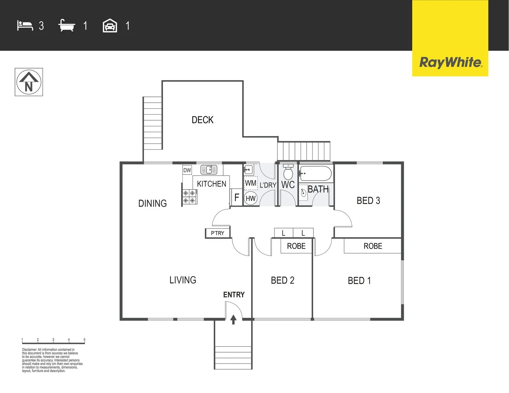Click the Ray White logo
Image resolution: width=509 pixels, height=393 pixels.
coord(450,62)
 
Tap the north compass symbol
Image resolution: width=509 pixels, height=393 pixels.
coord(29,82)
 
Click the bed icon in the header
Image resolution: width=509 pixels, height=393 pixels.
coord(25,26)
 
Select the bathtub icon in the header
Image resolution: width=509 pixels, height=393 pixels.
coord(67,25)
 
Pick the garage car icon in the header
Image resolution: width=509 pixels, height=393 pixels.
coord(110,26)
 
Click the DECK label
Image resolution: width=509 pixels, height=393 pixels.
coord(202,120)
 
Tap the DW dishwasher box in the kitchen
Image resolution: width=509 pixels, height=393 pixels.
coord(187,170)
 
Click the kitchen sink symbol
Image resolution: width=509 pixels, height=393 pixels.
coord(209,170)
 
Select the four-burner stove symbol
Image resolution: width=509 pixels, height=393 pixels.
coord(189,197)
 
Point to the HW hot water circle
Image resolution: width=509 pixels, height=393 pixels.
coord(250,198)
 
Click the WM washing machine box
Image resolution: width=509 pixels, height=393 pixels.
coord(250,183)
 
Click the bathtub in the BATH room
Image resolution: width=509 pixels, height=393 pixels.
coord(315,174)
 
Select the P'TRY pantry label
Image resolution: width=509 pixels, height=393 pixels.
coord(217,233)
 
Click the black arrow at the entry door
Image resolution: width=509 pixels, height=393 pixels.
coord(233,319)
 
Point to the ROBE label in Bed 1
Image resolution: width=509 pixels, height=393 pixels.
coord(373,246)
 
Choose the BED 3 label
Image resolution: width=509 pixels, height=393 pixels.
coord(368,201)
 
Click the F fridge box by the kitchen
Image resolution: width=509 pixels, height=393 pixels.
coord(237,198)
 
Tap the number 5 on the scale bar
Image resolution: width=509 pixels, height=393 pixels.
coord(84,340)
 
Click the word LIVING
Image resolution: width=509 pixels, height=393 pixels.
coord(183,280)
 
